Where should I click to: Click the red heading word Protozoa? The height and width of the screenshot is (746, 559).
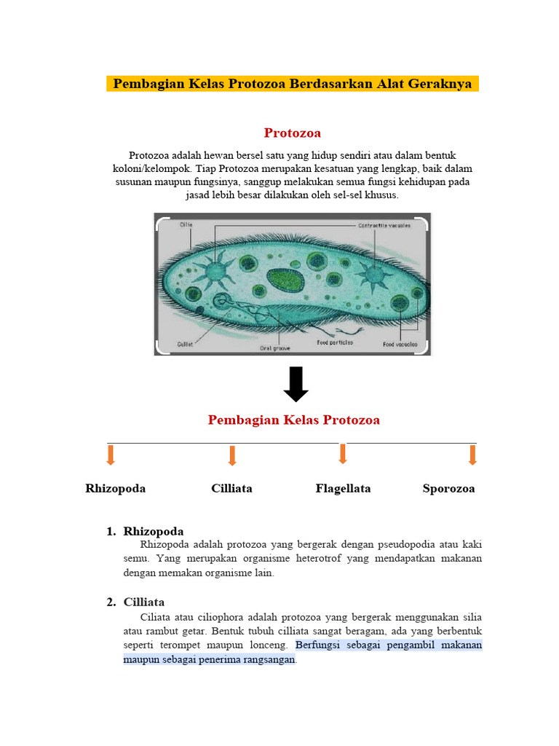pyautogui.click(x=292, y=133)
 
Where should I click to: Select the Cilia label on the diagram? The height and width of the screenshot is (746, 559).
pyautogui.click(x=186, y=225)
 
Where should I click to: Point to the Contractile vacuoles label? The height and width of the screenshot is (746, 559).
pyautogui.click(x=384, y=225)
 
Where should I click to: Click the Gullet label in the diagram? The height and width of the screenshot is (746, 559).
pyautogui.click(x=185, y=343)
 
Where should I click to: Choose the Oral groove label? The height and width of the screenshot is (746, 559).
pyautogui.click(x=275, y=348)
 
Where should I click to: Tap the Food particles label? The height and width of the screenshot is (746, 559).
pyautogui.click(x=335, y=342)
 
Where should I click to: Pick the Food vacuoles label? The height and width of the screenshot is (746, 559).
pyautogui.click(x=400, y=343)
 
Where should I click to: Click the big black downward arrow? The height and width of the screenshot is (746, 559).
pyautogui.click(x=296, y=384)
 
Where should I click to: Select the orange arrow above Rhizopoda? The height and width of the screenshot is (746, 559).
pyautogui.click(x=111, y=455)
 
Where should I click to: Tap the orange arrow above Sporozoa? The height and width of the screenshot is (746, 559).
pyautogui.click(x=472, y=455)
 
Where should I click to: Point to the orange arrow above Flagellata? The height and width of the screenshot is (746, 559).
pyautogui.click(x=342, y=454)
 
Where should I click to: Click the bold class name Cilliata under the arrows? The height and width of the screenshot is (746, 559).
pyautogui.click(x=231, y=488)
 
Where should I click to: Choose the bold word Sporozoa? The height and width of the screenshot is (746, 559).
pyautogui.click(x=448, y=488)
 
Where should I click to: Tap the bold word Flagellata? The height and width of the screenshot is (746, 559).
pyautogui.click(x=343, y=488)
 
